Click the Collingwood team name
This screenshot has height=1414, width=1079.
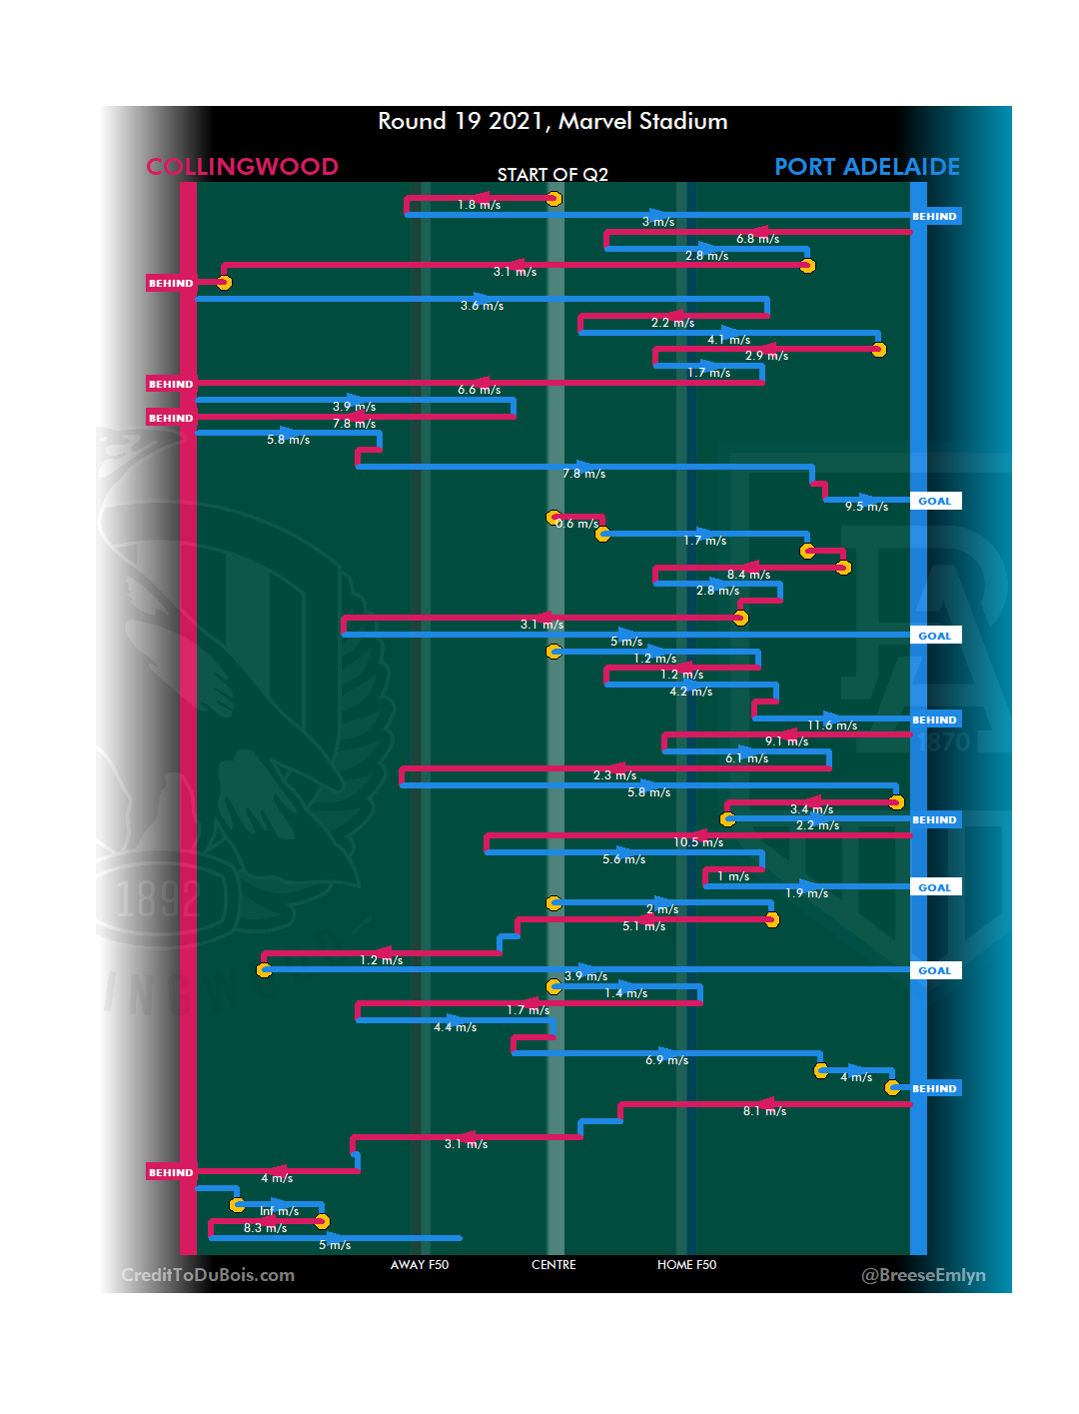point(243,167)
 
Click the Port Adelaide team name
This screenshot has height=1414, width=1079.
point(866,167)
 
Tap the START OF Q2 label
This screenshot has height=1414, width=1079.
point(552,175)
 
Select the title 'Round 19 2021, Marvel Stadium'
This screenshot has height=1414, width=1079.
point(552,122)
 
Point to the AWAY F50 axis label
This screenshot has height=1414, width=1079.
point(420,1265)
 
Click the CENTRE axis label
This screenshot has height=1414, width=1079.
point(553,1265)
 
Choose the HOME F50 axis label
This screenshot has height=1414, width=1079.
point(686,1265)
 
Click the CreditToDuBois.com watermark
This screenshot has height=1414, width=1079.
point(208,1275)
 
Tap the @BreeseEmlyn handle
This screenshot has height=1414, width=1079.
point(923,1275)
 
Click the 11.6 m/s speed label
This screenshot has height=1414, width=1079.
point(832,725)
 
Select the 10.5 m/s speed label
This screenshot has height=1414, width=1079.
point(698,842)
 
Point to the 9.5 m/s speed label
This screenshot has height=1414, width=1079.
point(866,507)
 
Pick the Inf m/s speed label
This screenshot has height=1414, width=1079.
point(280,1211)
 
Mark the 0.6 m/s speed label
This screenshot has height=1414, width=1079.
point(577,524)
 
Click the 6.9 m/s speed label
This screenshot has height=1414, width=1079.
point(666,1060)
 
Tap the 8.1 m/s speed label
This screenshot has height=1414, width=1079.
point(764,1111)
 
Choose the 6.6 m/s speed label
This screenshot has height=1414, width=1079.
point(479,390)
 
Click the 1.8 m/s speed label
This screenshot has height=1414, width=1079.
point(479,205)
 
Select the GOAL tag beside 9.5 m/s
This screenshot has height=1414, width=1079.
point(935,502)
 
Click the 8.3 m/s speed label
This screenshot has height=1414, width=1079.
point(265,1228)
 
